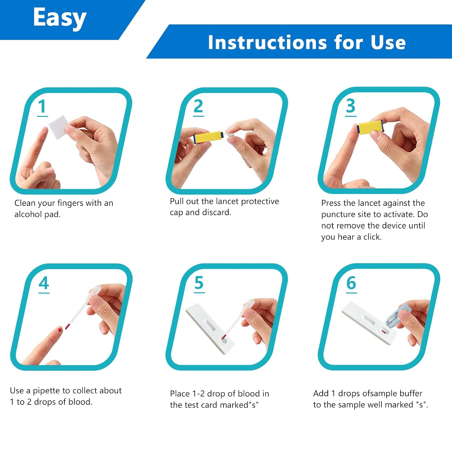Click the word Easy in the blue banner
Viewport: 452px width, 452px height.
[x=60, y=18]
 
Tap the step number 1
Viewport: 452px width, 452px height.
[x=42, y=107]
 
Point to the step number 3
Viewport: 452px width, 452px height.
[x=350, y=106]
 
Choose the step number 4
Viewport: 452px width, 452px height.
[x=44, y=283]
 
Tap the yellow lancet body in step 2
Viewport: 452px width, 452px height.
[x=208, y=137]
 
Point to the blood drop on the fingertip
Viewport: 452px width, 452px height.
[x=60, y=330]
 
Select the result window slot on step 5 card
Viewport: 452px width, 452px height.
[x=210, y=325]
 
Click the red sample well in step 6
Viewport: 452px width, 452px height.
[x=384, y=332]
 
